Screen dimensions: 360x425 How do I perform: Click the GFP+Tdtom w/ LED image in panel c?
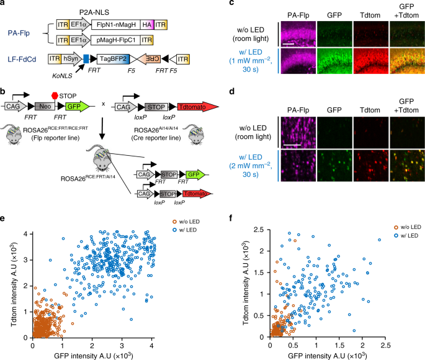[x=402, y=66]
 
